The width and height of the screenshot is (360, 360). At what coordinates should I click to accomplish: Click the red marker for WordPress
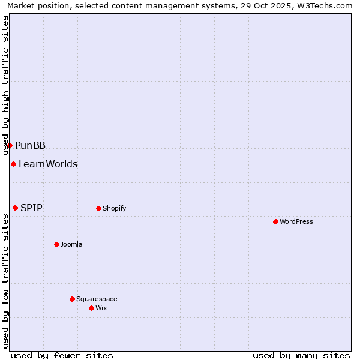pyautogui.click(x=275, y=221)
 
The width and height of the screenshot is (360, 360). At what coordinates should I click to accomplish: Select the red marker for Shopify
pyautogui.click(x=98, y=208)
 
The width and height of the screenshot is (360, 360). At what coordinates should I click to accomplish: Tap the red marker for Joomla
pyautogui.click(x=56, y=244)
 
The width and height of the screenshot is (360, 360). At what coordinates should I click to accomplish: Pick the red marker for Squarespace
pyautogui.click(x=72, y=299)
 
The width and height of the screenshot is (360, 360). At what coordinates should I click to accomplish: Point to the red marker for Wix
pyautogui.click(x=91, y=308)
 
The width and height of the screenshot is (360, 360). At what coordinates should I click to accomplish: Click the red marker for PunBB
pyautogui.click(x=10, y=145)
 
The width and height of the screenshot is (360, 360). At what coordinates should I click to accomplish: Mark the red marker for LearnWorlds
pyautogui.click(x=13, y=164)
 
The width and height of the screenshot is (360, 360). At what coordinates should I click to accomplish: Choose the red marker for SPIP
pyautogui.click(x=15, y=208)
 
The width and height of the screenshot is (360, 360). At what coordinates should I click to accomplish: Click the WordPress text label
pyautogui.click(x=296, y=222)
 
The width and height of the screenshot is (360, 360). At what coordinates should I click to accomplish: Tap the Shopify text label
pyautogui.click(x=115, y=209)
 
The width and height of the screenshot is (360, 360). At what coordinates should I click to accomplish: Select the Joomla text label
pyautogui.click(x=71, y=245)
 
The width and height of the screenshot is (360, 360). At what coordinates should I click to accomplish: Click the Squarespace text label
pyautogui.click(x=97, y=299)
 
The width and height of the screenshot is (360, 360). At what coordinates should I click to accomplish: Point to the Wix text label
pyautogui.click(x=101, y=308)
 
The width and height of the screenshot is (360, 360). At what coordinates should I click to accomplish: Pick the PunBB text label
pyautogui.click(x=31, y=146)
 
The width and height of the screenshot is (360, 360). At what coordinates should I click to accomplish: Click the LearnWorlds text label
pyautogui.click(x=48, y=164)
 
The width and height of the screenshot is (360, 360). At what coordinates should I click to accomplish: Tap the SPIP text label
pyautogui.click(x=31, y=208)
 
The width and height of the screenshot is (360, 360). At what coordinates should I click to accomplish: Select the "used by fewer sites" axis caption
pyautogui.click(x=62, y=355)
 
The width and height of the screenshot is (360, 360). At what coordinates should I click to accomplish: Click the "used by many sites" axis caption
pyautogui.click(x=301, y=355)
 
